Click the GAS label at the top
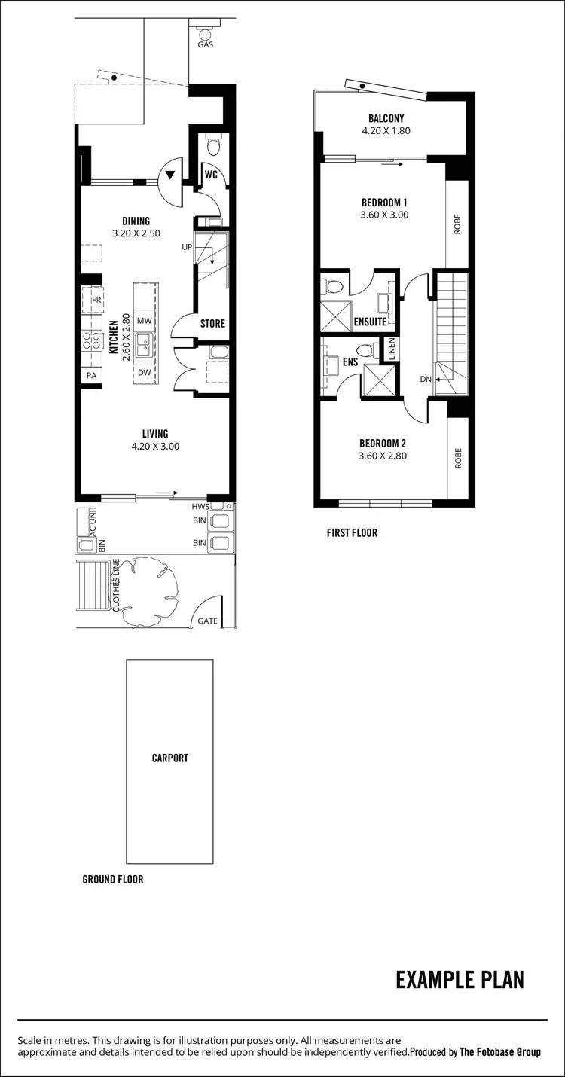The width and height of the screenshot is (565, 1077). (205, 44)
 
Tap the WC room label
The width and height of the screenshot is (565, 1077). (211, 175)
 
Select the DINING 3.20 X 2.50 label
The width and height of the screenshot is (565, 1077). (136, 227)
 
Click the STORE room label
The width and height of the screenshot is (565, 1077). (212, 324)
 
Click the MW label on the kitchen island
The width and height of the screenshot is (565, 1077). (145, 320)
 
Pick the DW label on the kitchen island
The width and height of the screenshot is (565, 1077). (145, 372)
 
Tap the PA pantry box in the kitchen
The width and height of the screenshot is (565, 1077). (92, 375)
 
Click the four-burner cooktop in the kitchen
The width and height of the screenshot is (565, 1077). (92, 340)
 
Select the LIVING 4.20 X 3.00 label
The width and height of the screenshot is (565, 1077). (155, 439)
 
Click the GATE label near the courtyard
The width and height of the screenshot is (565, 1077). (208, 621)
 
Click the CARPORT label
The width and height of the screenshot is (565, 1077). (169, 758)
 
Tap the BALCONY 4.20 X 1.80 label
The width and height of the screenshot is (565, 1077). (386, 124)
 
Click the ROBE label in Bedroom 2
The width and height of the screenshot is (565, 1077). (457, 459)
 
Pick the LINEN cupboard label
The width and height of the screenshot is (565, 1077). (391, 349)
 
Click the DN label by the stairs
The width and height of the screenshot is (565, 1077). (426, 379)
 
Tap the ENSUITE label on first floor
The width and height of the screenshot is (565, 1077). (370, 322)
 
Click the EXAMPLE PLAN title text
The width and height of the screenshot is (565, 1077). (460, 980)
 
